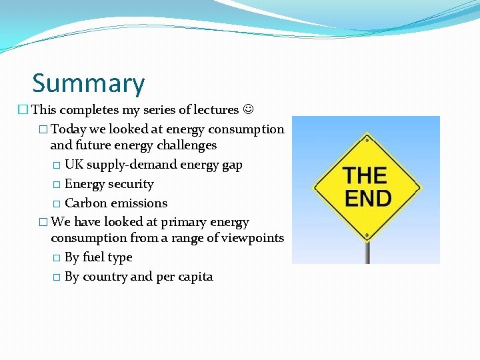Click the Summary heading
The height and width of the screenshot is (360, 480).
tap(88, 83)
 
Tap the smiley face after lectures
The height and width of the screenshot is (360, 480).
tap(249, 109)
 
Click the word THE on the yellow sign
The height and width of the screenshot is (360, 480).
tap(365, 175)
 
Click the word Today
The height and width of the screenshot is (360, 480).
tap(69, 129)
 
